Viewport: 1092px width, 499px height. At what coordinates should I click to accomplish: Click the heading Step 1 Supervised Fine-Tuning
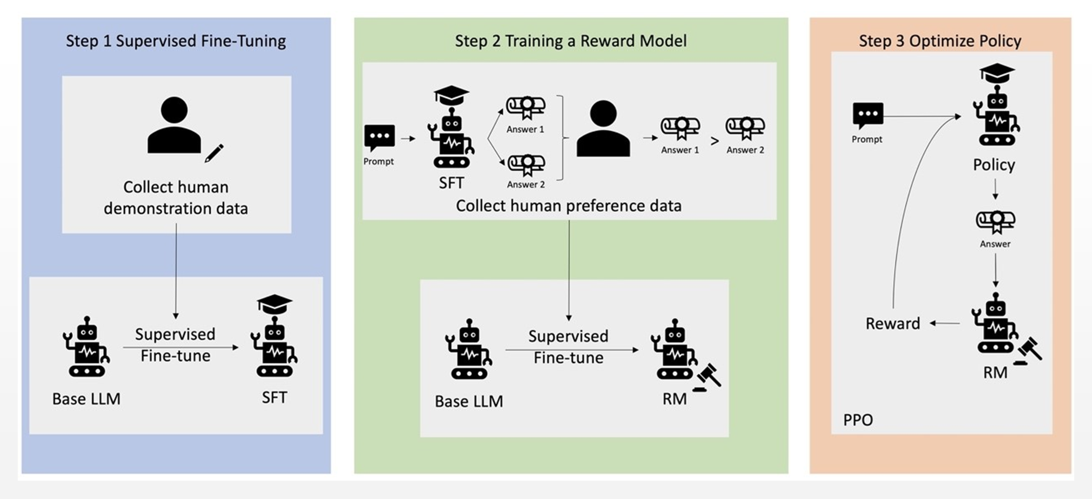[176, 41]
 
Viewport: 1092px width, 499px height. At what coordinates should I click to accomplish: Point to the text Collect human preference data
[568, 206]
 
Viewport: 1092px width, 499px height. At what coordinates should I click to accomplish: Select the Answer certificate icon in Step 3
[995, 221]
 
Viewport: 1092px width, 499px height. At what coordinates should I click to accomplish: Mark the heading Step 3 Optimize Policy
[940, 41]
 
